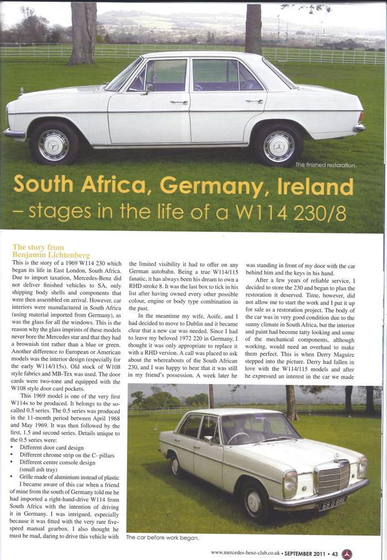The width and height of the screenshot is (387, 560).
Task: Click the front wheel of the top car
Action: [54, 145]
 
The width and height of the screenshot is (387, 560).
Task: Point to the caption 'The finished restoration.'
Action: [326, 165]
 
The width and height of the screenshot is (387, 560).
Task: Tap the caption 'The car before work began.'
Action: [163, 538]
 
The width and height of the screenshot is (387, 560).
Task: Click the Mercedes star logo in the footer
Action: [347, 553]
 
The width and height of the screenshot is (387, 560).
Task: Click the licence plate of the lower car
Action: [333, 503]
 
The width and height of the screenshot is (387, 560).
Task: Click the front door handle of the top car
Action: [179, 103]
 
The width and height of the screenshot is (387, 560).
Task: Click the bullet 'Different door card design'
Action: [51, 448]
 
